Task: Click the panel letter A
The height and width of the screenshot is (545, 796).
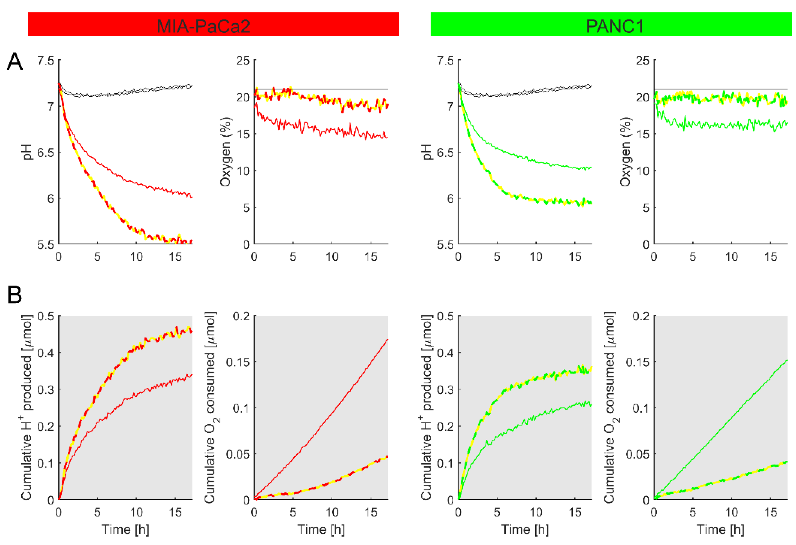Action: pos(15,62)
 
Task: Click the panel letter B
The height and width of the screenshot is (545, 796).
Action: pos(15,295)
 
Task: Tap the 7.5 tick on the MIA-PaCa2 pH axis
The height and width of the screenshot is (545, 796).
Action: pos(46,61)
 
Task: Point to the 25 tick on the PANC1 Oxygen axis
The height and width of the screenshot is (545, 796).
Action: pos(642,61)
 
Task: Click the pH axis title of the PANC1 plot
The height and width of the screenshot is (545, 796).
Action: pos(427,152)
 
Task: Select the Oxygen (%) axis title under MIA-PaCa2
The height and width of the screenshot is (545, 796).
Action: pos(226,152)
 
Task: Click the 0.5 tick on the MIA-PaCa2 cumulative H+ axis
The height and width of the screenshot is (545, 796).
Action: pos(46,316)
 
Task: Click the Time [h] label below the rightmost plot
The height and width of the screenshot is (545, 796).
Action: pos(720,530)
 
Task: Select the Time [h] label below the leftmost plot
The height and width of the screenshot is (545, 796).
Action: pos(125,530)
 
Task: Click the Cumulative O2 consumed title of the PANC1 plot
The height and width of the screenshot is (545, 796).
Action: pos(610,408)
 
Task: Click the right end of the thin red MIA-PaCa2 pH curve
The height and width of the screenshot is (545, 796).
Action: pos(192,197)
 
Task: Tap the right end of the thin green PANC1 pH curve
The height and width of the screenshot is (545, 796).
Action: pos(591,167)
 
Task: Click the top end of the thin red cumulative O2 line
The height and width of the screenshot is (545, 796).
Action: pos(387,339)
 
